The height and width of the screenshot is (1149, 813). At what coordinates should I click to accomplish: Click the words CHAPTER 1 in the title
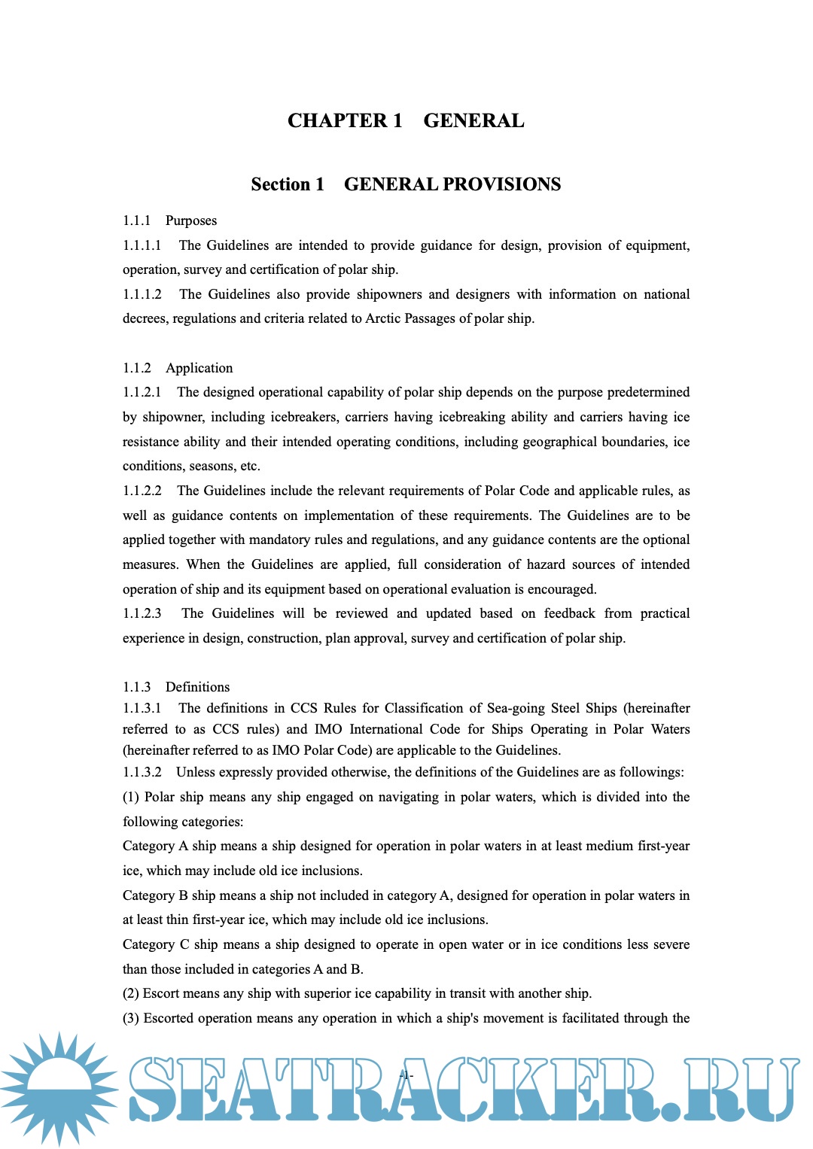pyautogui.click(x=345, y=121)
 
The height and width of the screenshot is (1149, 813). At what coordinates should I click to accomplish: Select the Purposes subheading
pyautogui.click(x=191, y=220)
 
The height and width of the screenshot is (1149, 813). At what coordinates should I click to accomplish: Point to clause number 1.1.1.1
pyautogui.click(x=142, y=245)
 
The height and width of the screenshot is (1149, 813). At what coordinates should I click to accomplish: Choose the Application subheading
pyautogui.click(x=199, y=368)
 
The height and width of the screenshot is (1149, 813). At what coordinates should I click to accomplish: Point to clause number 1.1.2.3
pyautogui.click(x=142, y=613)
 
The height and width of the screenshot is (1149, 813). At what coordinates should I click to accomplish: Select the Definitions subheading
pyautogui.click(x=197, y=687)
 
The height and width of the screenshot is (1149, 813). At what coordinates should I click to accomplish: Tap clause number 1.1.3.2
pyautogui.click(x=142, y=772)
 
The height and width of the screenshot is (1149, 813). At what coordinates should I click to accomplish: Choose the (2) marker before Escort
pyautogui.click(x=131, y=993)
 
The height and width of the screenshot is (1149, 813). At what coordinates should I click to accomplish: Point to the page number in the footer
pyautogui.click(x=406, y=1075)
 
